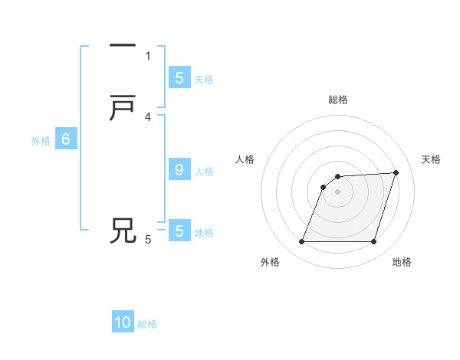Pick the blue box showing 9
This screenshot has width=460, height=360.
(x=179, y=170)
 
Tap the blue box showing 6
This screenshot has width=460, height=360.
(x=65, y=139)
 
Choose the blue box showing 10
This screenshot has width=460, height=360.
(x=123, y=322)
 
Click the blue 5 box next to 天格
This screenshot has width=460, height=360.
(x=179, y=77)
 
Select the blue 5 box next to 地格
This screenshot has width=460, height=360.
(x=179, y=231)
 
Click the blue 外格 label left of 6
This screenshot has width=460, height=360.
(x=41, y=141)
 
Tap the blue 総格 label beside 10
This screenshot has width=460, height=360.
(x=147, y=324)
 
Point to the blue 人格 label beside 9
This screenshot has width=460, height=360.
(x=204, y=172)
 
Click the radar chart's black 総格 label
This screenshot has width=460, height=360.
(x=337, y=100)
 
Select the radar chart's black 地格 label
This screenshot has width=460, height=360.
(x=402, y=262)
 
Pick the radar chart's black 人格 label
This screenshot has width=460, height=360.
(x=245, y=159)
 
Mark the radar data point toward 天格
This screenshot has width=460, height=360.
(x=396, y=172)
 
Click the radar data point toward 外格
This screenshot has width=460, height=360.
(x=301, y=242)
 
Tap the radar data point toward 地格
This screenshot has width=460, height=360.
(x=373, y=242)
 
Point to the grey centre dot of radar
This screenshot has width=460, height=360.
(x=337, y=192)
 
